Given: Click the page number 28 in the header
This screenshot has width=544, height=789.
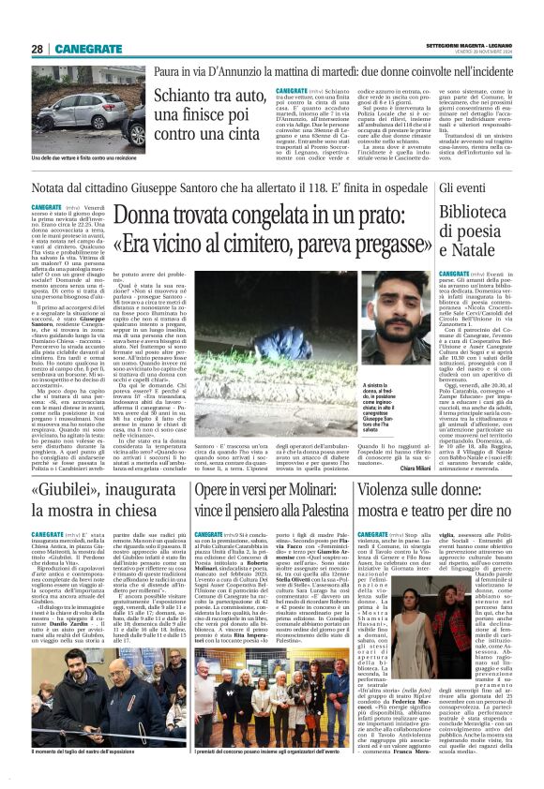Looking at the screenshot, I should coord(37,49).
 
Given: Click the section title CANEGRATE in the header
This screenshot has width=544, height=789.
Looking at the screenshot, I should coord(93,49).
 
